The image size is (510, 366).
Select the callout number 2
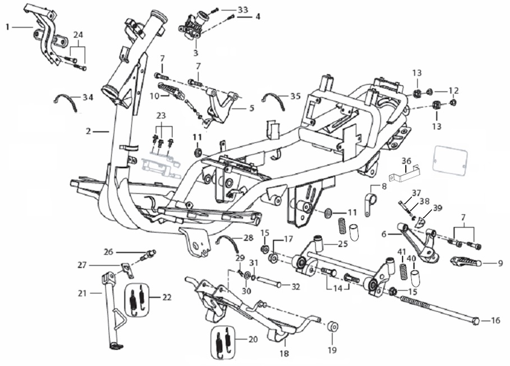[x=88, y=132]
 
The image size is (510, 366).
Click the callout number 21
[x=82, y=292]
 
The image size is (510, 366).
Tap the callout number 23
[x=162, y=115]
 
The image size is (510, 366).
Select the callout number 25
[x=342, y=244]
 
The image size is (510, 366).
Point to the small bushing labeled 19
[x=331, y=326]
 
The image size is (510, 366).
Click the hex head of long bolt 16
[x=476, y=321]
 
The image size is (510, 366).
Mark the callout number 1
[x=8, y=26]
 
